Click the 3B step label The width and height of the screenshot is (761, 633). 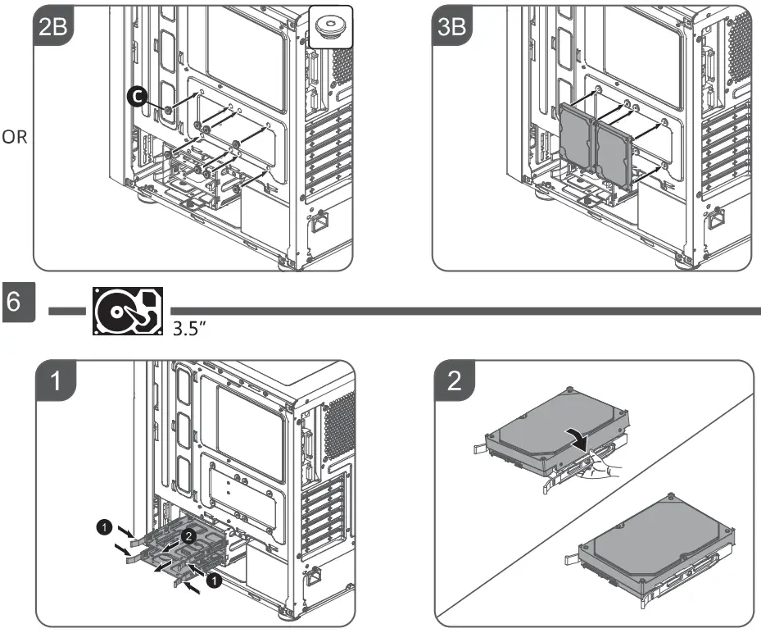pos(452,25)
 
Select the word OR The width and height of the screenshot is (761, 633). pos(14,138)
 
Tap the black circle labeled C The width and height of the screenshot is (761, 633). pos(138,97)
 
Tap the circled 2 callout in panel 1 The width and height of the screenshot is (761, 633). pos(188,537)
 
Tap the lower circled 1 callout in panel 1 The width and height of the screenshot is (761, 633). pos(213,580)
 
